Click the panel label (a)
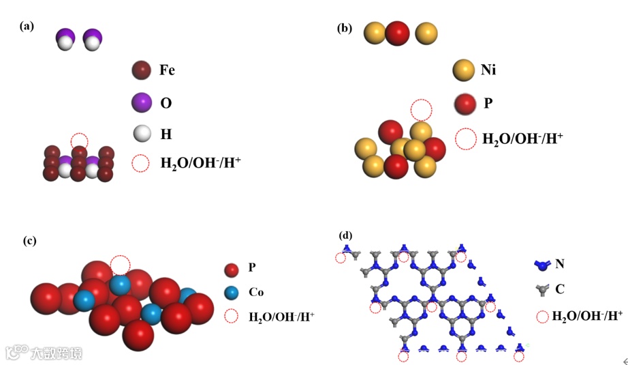tap(27, 27)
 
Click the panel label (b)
tap(345, 28)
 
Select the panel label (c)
tap(29, 240)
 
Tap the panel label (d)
tap(346, 235)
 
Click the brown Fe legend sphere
tap(142, 70)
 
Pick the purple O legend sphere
tap(142, 103)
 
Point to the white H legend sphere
tap(142, 133)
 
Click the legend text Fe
tap(168, 70)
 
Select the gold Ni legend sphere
tap(463, 70)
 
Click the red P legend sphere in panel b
tap(464, 104)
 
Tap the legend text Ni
tap(488, 70)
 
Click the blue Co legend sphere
tap(231, 293)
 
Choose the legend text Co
tap(256, 293)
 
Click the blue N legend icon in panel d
tap(541, 263)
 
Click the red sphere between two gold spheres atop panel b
tap(397, 33)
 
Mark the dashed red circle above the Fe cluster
tap(80, 141)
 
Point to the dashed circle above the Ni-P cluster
tap(421, 109)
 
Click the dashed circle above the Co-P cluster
tap(120, 265)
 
